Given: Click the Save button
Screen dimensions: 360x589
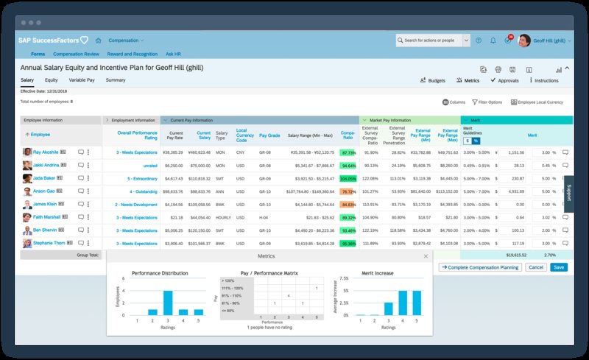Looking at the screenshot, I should pyautogui.click(x=559, y=267).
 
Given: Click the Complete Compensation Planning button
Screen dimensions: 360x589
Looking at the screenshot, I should pyautogui.click(x=479, y=267).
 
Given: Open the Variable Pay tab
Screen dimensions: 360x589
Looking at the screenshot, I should pyautogui.click(x=82, y=80).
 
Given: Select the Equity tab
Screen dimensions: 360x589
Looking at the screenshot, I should pyautogui.click(x=52, y=80).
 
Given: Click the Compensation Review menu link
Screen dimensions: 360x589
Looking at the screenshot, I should pyautogui.click(x=77, y=54).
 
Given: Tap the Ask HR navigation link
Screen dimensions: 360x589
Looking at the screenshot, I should pyautogui.click(x=174, y=54).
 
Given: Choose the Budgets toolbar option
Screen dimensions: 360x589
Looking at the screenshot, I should pyautogui.click(x=432, y=80).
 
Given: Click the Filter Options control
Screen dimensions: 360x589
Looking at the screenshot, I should pyautogui.click(x=487, y=102).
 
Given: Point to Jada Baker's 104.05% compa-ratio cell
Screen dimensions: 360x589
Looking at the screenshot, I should pyautogui.click(x=348, y=178).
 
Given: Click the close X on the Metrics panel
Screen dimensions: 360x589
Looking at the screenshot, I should pyautogui.click(x=425, y=256).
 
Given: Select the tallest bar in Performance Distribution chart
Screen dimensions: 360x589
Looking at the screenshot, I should pyautogui.click(x=168, y=302).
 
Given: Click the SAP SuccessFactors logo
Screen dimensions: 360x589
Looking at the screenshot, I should pyautogui.click(x=53, y=40).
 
